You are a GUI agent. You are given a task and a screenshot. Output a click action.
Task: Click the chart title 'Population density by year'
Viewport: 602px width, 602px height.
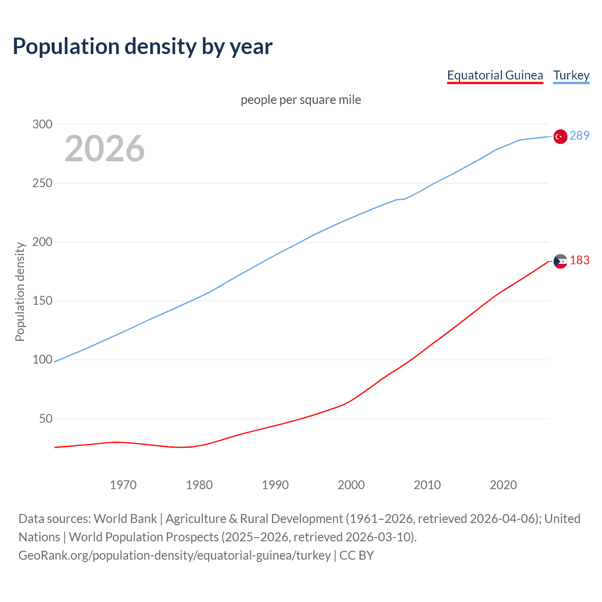(x=143, y=47)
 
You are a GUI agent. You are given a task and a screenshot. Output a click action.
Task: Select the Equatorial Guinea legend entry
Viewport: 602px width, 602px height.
(x=495, y=75)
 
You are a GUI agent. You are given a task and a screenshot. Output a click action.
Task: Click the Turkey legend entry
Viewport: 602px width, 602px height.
(x=571, y=75)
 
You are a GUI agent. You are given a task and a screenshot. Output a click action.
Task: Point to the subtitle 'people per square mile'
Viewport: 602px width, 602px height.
(x=301, y=100)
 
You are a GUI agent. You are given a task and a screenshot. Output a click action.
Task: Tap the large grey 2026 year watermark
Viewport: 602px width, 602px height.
(x=104, y=149)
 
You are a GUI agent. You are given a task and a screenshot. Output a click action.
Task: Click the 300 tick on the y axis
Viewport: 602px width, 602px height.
(x=42, y=124)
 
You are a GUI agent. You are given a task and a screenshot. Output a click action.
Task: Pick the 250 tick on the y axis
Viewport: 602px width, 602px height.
(x=42, y=183)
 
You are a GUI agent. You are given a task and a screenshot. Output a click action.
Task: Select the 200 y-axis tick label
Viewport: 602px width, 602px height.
(x=42, y=242)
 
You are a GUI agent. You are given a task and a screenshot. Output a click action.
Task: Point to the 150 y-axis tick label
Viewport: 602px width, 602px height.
(x=42, y=301)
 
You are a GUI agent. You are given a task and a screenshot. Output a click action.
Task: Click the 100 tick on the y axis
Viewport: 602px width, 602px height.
(x=42, y=359)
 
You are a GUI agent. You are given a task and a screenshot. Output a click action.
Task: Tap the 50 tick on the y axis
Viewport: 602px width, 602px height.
(x=46, y=419)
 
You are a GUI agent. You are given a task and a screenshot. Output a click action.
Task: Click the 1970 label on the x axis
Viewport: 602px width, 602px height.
(x=123, y=485)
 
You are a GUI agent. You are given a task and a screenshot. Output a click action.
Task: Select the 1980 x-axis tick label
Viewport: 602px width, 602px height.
(x=199, y=485)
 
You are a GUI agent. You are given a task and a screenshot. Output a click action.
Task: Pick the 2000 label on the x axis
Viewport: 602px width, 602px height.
(x=351, y=485)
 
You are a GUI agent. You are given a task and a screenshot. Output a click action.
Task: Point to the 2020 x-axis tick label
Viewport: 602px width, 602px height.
(x=503, y=485)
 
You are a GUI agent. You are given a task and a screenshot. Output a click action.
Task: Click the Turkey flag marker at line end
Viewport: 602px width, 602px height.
(x=560, y=136)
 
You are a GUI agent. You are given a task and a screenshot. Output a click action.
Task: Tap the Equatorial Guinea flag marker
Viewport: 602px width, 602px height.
(x=560, y=261)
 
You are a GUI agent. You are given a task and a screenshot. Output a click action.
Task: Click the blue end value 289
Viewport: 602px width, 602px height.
(x=579, y=135)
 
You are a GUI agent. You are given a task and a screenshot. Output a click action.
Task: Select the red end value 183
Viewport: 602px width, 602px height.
(x=579, y=260)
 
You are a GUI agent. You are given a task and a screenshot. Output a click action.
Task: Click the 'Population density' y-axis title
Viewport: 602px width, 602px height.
(x=20, y=292)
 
